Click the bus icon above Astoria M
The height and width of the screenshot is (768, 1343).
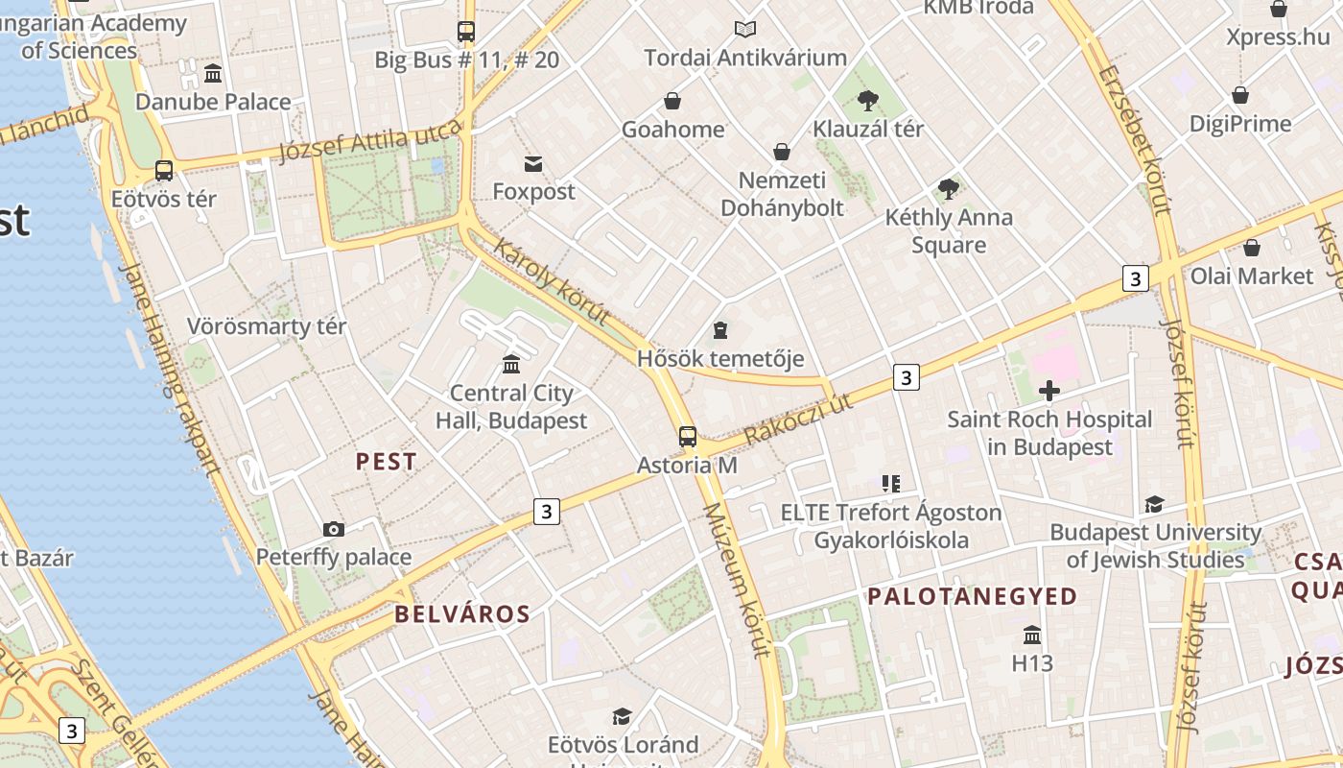point(688,437)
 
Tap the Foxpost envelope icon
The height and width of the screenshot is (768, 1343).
point(533,164)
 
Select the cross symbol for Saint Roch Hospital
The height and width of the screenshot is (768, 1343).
point(1049,391)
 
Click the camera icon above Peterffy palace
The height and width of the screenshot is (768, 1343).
point(334,529)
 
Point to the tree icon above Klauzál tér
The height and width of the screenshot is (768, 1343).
point(868,100)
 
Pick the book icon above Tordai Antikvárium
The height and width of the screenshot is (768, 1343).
point(745,30)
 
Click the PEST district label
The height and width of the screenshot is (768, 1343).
point(387,462)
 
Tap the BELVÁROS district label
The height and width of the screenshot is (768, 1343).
point(462,614)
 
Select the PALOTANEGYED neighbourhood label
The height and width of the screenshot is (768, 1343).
point(973,596)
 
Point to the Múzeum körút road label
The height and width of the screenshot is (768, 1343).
point(738,580)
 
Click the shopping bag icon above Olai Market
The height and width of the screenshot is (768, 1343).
point(1251,249)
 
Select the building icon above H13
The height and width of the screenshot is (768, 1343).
point(1032,636)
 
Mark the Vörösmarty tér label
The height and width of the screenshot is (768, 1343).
point(267,326)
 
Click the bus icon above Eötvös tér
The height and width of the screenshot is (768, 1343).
point(164,171)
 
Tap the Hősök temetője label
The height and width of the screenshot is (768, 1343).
point(720,359)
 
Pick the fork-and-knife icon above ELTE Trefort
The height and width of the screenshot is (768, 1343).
point(891,484)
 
